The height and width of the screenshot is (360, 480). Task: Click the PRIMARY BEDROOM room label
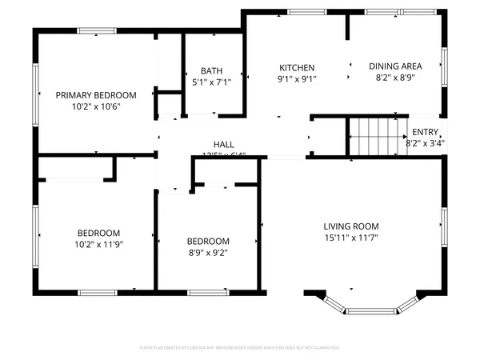(96, 94)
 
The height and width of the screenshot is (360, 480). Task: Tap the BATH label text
(212, 70)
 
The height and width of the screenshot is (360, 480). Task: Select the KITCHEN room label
(297, 67)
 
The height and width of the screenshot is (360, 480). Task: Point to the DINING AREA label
(395, 67)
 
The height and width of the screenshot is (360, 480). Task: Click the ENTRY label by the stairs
(424, 133)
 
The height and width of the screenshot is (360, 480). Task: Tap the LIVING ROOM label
(351, 226)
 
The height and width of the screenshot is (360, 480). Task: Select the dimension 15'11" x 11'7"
(351, 238)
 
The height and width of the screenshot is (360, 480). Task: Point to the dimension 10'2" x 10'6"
(96, 106)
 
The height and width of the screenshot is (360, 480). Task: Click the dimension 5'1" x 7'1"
(212, 82)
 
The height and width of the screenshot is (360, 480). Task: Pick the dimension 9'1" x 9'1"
(297, 79)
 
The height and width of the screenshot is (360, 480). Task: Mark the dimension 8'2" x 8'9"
(395, 79)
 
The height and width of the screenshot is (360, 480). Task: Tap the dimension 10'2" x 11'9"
(98, 244)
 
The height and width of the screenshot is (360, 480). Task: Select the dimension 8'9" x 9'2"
(208, 253)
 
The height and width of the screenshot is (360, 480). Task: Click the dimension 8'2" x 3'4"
(425, 144)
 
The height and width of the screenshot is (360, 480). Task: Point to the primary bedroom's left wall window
(35, 93)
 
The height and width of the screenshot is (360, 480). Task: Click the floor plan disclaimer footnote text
(240, 348)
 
